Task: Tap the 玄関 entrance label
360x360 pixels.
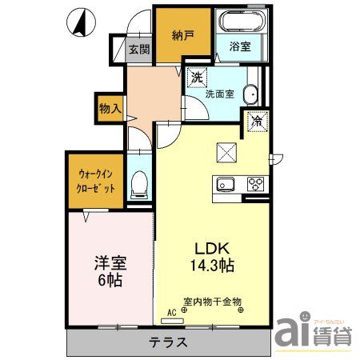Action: pos(138,49)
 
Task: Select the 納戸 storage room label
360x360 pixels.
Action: pos(182,35)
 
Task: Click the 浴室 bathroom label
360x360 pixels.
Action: pos(239,47)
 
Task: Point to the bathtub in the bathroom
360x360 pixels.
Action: pos(239,22)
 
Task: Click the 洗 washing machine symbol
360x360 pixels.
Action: pos(197,78)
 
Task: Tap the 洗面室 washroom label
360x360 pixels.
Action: pos(219,94)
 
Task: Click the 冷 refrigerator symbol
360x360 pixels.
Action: pos(258,122)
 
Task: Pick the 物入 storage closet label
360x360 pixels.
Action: pos(110,107)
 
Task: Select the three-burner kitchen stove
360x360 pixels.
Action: pos(257,184)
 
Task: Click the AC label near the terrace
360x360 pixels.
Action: pos(171,314)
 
